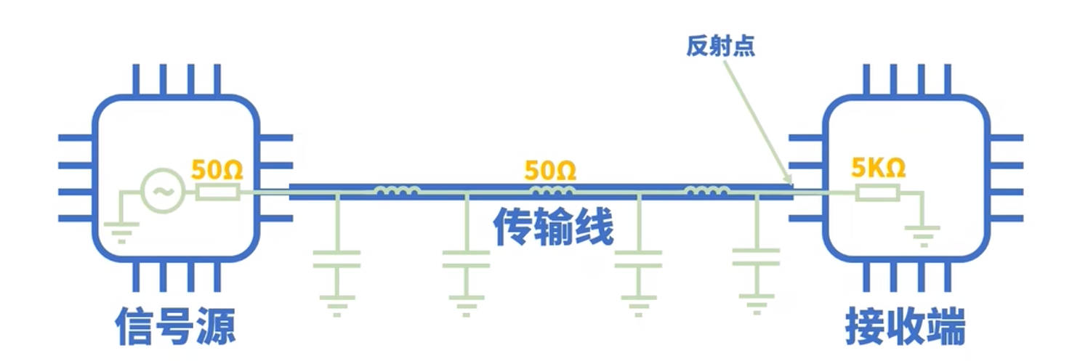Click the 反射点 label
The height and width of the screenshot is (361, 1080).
720,46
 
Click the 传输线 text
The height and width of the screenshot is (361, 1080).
553,228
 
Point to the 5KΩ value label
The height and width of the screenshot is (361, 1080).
878,169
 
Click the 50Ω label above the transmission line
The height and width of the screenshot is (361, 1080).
550,171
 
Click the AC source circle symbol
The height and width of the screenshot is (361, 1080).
160,191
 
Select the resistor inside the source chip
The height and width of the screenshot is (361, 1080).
217,192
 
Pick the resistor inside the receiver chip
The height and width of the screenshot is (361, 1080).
877,192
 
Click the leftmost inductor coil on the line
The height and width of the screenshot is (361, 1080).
396,191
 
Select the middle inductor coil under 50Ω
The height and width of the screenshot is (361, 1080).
552,191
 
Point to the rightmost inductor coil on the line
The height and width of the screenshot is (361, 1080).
706,191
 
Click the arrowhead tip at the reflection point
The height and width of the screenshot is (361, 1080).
790,184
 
